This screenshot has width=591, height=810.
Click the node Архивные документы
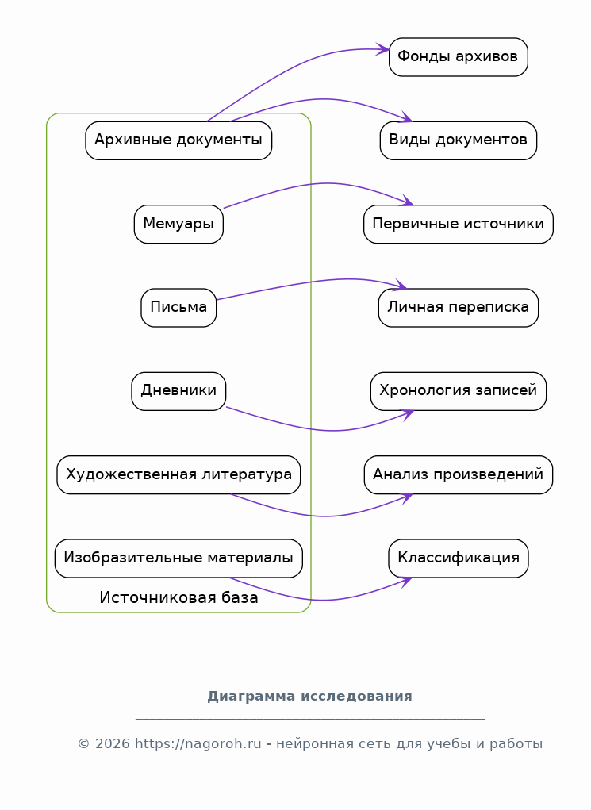tap(178, 140)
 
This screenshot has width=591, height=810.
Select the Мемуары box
tap(178, 225)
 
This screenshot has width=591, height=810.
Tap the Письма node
tap(178, 308)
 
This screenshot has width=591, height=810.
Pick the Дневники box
tap(178, 392)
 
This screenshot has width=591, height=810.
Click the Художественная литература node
tap(178, 474)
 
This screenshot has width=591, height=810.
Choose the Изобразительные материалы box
tap(178, 559)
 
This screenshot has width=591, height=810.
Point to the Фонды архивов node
tap(459, 57)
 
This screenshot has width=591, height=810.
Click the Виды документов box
tap(459, 140)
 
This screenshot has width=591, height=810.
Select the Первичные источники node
tap(459, 225)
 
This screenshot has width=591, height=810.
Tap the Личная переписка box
tap(459, 308)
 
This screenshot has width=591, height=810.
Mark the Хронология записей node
tap(459, 392)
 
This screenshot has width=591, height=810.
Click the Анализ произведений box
tap(459, 474)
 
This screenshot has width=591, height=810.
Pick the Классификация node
tap(459, 559)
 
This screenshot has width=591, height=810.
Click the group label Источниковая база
tap(178, 597)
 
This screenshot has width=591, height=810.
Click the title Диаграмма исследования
tap(310, 697)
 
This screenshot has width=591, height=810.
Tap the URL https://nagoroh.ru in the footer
tap(198, 744)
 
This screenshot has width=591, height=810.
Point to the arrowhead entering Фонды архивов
tap(383, 49)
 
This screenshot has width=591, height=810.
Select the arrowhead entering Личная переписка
tap(401, 285)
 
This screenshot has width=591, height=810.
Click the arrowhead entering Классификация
tap(406, 582)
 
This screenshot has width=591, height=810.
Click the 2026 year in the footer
tap(113, 744)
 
